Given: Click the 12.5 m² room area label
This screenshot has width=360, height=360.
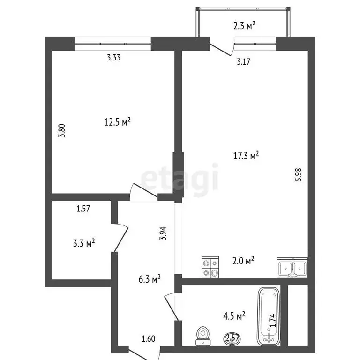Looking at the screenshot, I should (117, 122).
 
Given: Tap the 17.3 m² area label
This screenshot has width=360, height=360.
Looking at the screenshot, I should (247, 156).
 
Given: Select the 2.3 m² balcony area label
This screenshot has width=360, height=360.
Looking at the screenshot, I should (245, 26).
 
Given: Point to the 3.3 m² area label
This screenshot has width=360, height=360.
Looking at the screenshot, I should (85, 243).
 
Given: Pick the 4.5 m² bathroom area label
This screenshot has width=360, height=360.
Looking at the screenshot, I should (235, 317).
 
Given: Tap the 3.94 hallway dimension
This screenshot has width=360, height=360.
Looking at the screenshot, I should (163, 233).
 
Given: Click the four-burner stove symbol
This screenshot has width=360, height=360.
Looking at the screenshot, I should (210, 267).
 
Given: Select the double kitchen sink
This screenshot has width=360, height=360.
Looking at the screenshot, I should (292, 267).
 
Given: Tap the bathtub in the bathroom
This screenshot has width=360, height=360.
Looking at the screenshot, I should (269, 315).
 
